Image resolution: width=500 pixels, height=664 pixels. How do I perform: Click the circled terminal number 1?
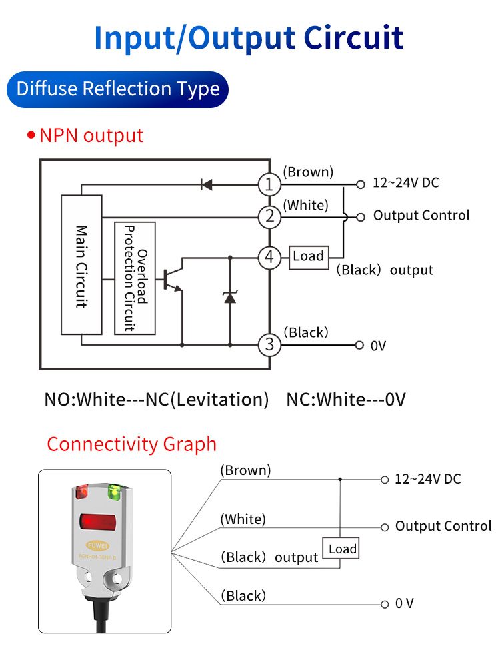[269, 184]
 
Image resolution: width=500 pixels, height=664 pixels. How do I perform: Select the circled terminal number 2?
[269, 216]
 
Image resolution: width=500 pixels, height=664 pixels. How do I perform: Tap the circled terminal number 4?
[269, 257]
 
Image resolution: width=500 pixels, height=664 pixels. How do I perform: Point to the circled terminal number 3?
[269, 345]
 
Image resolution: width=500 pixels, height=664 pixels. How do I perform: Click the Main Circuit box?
[81, 264]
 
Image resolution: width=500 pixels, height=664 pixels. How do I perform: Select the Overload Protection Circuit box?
[135, 278]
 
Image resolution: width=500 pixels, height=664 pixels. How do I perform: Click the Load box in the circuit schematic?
[309, 256]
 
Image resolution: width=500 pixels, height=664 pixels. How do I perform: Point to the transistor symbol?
[172, 280]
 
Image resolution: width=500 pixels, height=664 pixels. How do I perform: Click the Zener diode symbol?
[230, 297]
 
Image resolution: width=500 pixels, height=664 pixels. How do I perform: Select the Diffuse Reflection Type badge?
[118, 89]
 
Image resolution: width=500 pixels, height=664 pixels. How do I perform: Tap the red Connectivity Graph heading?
[132, 444]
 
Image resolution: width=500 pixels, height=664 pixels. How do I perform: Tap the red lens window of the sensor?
[97, 521]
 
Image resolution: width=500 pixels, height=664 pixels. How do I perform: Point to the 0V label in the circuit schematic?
[379, 346]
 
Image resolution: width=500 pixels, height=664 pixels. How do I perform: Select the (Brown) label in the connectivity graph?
[245, 470]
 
